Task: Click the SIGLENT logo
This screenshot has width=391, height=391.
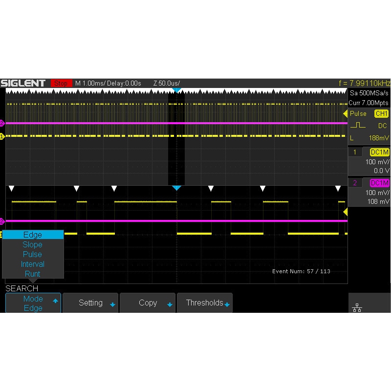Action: tap(23, 83)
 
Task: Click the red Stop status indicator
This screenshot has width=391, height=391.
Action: tap(61, 83)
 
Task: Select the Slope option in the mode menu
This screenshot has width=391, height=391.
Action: tap(32, 244)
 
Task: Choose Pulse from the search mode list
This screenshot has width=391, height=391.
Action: tap(32, 254)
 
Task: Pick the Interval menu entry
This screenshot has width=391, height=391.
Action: tap(32, 264)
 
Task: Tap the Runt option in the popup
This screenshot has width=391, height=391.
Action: tap(32, 274)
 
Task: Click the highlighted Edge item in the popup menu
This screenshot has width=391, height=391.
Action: tap(33, 235)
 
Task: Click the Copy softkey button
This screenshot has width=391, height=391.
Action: tap(148, 303)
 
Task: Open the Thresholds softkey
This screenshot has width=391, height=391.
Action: tap(205, 303)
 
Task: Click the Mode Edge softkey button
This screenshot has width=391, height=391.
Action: tap(33, 303)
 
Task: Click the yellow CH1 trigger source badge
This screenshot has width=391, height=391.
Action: tap(381, 113)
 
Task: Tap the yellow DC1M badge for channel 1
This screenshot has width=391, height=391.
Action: tap(379, 152)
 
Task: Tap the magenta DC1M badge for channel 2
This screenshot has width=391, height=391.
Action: tap(379, 183)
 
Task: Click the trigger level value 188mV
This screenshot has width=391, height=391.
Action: tap(379, 138)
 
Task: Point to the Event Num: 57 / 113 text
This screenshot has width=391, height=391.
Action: tap(301, 271)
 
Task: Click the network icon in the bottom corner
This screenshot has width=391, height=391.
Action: tap(357, 308)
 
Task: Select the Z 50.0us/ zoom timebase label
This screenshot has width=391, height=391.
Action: tap(167, 83)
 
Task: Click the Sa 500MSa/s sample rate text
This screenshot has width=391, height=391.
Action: tap(369, 93)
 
